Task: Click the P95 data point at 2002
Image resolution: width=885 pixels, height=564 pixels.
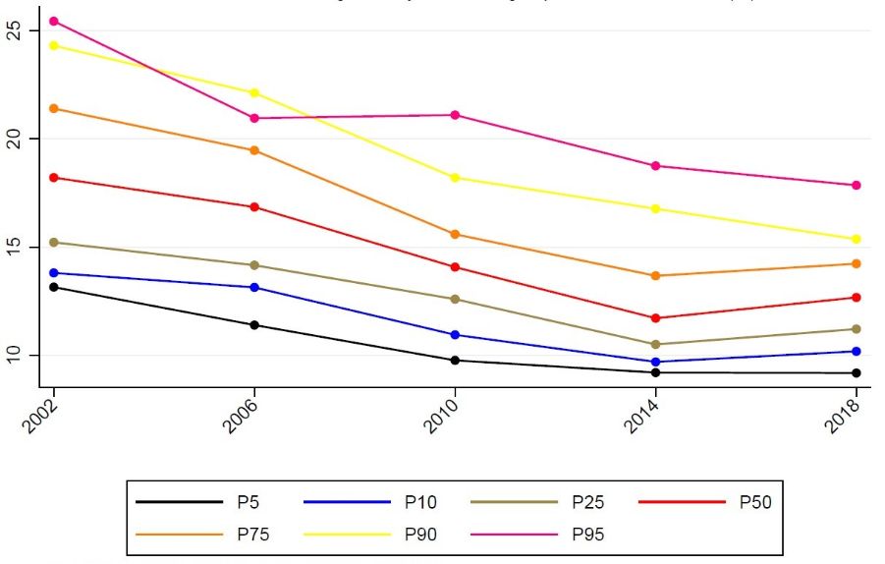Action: [x=54, y=21]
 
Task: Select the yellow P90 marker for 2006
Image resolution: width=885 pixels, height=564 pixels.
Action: [x=254, y=92]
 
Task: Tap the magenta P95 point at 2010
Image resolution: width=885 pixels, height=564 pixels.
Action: [x=455, y=115]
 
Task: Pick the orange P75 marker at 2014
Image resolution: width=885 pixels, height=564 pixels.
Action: [x=655, y=275]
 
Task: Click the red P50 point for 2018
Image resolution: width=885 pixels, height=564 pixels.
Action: [x=856, y=297]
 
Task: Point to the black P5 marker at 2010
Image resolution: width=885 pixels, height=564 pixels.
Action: [x=455, y=360]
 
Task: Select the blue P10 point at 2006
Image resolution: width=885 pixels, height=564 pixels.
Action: [x=254, y=287]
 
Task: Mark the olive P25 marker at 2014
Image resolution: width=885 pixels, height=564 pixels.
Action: [x=655, y=344]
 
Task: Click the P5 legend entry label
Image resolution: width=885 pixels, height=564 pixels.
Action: [x=248, y=503]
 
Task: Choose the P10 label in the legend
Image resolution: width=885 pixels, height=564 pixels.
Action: [x=419, y=503]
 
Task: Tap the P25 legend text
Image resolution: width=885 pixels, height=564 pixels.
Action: [x=587, y=503]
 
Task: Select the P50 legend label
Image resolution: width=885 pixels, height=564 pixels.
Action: [x=754, y=503]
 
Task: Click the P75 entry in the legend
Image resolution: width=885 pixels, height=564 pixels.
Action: [x=252, y=535]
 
